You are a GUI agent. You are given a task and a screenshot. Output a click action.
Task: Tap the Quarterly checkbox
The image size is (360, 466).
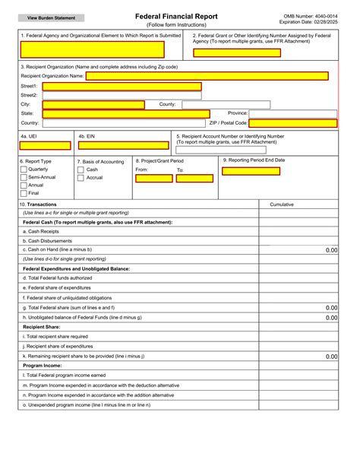click(x=23, y=170)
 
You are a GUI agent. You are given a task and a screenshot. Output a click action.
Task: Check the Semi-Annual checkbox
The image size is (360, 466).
click(x=23, y=177)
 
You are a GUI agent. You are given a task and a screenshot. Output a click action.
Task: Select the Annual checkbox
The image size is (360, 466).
click(x=23, y=185)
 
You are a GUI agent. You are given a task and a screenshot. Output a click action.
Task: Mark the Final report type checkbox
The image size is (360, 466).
click(x=23, y=193)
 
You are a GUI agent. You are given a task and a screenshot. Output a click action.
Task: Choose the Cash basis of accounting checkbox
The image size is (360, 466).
click(x=81, y=170)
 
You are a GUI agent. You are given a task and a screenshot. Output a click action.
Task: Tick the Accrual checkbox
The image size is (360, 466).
click(x=81, y=177)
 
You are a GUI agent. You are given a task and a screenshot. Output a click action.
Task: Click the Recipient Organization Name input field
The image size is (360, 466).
click(x=207, y=76)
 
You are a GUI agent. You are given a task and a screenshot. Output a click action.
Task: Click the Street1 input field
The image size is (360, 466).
click(x=122, y=86)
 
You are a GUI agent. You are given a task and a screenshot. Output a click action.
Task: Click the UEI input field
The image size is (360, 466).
click(x=45, y=145)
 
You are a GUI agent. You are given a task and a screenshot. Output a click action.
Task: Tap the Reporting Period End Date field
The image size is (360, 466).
click(x=251, y=171)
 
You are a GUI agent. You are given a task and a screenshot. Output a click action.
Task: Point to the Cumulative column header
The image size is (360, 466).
click(x=282, y=204)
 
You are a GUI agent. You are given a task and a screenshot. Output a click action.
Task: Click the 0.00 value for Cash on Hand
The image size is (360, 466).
click(x=330, y=249)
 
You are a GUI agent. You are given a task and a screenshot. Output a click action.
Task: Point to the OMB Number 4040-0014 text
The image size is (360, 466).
click(x=310, y=15)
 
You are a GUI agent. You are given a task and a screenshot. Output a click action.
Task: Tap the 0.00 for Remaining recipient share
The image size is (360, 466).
click(x=330, y=356)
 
